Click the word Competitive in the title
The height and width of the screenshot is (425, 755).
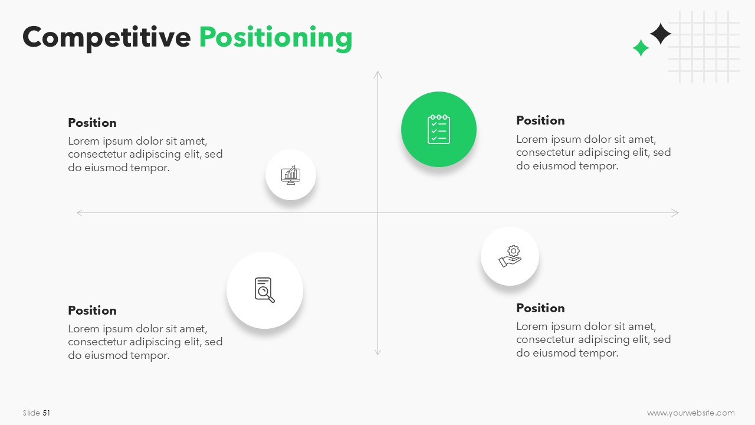pos(107,37)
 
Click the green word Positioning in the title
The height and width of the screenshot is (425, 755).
pos(275,38)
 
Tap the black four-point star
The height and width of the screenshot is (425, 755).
pos(660,34)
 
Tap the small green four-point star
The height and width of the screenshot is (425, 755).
pos(641,48)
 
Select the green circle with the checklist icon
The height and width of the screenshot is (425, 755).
pos(438,129)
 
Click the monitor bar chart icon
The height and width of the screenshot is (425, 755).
pos(291,175)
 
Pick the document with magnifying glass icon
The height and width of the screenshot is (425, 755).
pos(265,290)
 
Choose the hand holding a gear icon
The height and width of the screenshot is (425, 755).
pos(510,256)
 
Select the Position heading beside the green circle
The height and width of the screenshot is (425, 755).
pos(540,120)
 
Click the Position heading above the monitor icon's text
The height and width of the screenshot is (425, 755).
pos(92,123)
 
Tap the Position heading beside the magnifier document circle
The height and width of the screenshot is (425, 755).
pos(92,310)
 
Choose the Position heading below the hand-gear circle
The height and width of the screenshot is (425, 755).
pos(540,308)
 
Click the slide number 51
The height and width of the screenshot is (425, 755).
pos(46,413)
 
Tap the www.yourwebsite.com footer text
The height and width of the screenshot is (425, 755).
pos(691,413)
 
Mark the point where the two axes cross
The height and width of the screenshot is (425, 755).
pos(378,213)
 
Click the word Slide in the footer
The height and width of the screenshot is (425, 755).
pos(32,413)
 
